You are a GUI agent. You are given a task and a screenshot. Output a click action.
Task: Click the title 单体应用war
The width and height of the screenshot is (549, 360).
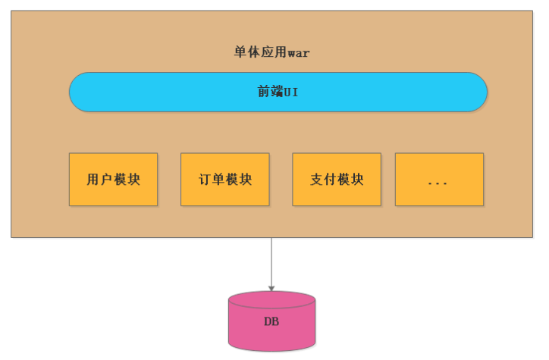point(271,52)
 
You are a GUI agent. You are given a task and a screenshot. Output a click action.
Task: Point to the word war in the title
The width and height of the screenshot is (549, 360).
point(298,53)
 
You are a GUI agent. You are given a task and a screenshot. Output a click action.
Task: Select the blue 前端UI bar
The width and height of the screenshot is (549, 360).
point(152,92)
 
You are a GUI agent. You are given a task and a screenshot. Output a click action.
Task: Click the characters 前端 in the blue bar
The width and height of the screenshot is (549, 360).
point(270,92)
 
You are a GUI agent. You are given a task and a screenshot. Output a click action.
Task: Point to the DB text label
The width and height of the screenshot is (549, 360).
point(271,321)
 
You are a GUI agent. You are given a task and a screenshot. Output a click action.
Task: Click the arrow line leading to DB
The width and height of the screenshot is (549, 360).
point(271,261)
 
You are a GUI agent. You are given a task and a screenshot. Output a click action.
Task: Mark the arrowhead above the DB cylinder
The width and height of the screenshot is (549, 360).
point(271,288)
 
